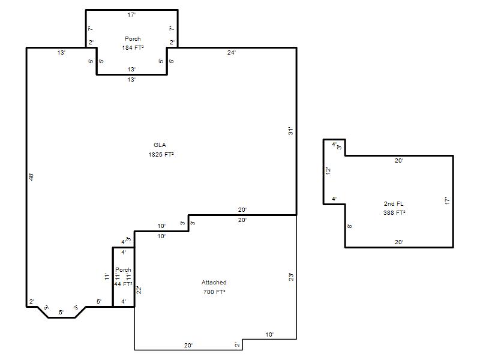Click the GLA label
[160, 145]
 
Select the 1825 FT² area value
[161, 154]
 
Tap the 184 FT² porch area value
[133, 47]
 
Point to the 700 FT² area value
[214, 292]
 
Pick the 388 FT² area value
[394, 212]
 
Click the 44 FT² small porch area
[123, 284]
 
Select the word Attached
[214, 282]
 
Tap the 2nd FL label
[394, 203]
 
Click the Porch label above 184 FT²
[133, 38]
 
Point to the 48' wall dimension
[31, 177]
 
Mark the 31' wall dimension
[290, 131]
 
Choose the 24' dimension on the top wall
[232, 53]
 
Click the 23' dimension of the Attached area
[291, 277]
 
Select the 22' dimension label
[139, 290]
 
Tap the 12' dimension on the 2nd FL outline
[328, 171]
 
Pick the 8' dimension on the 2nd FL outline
[349, 226]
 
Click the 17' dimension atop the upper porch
[131, 14]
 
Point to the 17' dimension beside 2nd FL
[447, 201]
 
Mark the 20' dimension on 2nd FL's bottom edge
[399, 242]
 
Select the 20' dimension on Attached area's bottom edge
[188, 346]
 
